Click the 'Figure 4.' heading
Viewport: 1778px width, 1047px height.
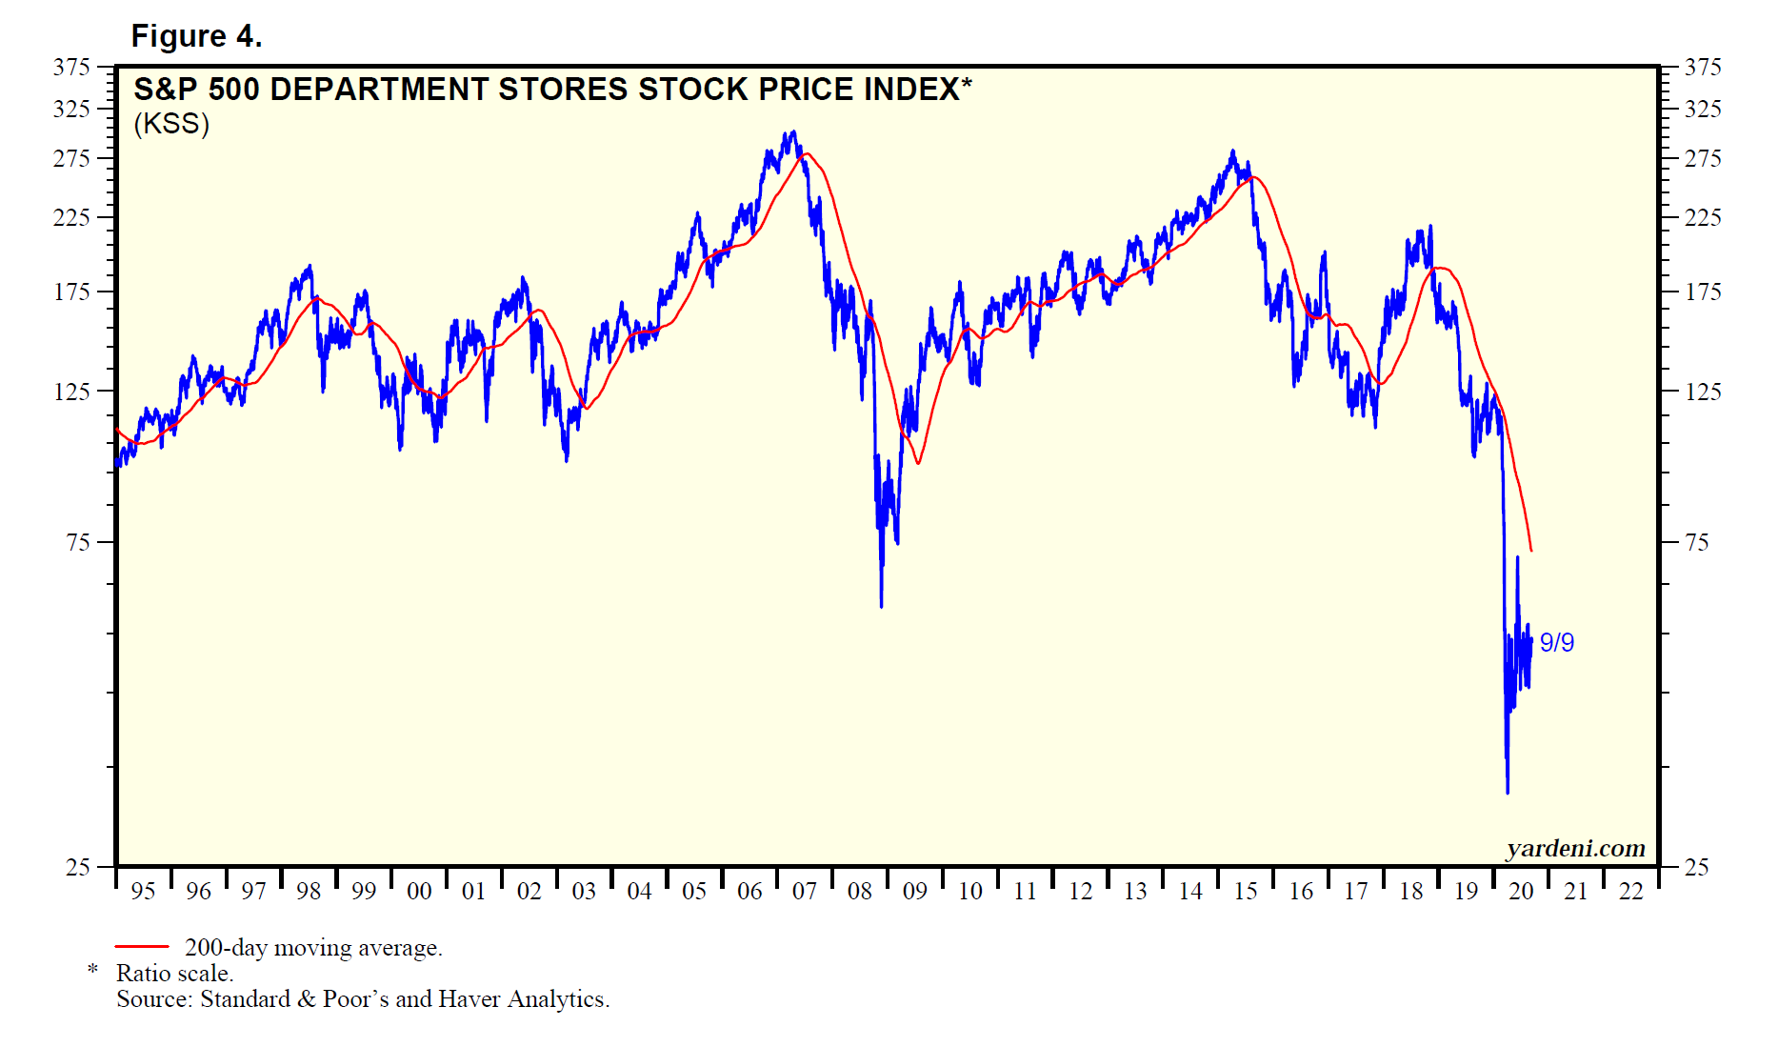click(x=196, y=36)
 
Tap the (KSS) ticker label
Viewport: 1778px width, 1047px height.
click(x=171, y=124)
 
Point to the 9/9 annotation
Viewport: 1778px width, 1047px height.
click(x=1556, y=643)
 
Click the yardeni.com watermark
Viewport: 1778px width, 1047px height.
click(x=1575, y=848)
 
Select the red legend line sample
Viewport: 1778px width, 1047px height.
click(x=142, y=947)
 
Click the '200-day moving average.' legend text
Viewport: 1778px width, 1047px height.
click(x=313, y=948)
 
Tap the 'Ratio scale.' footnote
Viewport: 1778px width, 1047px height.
click(x=174, y=974)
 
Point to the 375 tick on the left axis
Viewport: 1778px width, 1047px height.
click(x=71, y=67)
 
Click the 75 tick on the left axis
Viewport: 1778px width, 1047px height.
click(x=78, y=542)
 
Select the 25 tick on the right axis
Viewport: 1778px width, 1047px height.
click(x=1696, y=867)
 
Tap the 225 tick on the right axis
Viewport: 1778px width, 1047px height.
click(x=1702, y=217)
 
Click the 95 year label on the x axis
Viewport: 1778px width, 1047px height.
click(x=143, y=892)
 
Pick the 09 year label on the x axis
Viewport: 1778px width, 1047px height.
click(x=914, y=892)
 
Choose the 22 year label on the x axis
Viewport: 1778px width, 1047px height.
click(x=1630, y=892)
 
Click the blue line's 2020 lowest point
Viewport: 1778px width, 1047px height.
click(x=1508, y=792)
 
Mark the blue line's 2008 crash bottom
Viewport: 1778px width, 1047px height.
click(x=881, y=605)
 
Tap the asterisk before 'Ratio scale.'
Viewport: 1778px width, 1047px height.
click(x=92, y=970)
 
